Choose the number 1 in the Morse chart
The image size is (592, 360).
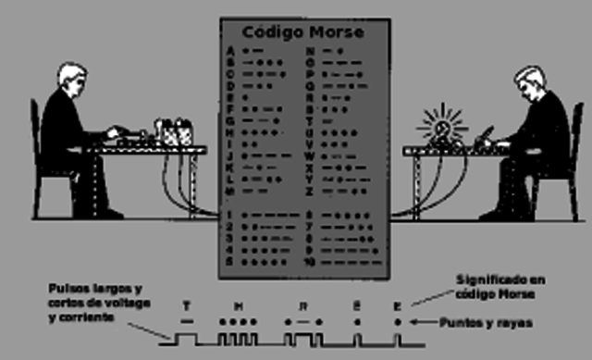click(x=229, y=215)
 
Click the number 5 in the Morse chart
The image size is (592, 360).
click(x=229, y=262)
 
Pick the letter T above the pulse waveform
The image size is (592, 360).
click(x=188, y=304)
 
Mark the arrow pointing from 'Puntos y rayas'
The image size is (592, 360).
click(x=420, y=321)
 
